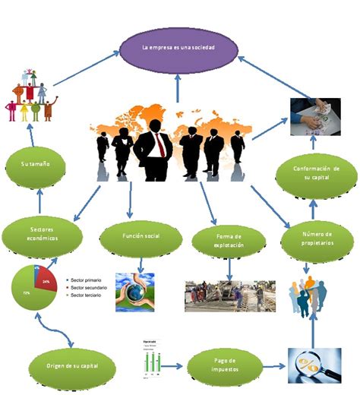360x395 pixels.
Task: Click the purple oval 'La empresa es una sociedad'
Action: pyautogui.click(x=178, y=47)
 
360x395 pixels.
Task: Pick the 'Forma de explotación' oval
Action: pyautogui.click(x=229, y=241)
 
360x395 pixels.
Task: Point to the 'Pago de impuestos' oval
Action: pyautogui.click(x=225, y=364)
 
